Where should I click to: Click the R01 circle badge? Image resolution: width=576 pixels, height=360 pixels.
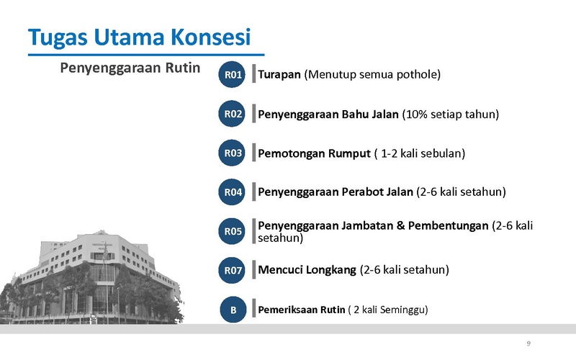click(232, 75)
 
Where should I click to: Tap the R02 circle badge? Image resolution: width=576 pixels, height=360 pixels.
click(232, 114)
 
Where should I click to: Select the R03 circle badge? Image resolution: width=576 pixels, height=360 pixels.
click(232, 153)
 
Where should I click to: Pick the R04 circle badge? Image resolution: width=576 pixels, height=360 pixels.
click(232, 192)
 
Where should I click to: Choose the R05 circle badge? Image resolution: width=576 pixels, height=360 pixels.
click(232, 231)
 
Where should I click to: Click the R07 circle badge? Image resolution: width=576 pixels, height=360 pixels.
click(232, 271)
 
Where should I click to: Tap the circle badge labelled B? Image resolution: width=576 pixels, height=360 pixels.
click(233, 310)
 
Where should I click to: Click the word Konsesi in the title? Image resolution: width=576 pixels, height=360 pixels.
click(210, 37)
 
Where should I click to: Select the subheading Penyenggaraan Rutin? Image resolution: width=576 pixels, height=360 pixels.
click(130, 68)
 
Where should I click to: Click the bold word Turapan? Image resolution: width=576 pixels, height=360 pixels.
click(279, 75)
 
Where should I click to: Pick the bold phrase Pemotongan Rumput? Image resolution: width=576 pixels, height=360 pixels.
click(314, 153)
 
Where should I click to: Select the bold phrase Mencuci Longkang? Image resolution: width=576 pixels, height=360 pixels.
click(307, 270)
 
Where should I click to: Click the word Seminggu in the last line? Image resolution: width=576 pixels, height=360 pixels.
click(404, 310)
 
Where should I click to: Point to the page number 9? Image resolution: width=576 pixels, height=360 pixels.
click(528, 343)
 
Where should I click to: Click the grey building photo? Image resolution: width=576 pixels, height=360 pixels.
click(92, 277)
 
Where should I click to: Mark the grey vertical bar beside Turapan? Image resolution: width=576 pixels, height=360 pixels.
click(254, 73)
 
